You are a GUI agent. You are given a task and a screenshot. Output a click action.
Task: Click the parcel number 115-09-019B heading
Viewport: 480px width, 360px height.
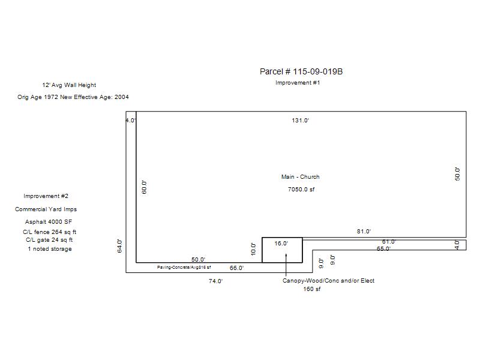pyautogui.click(x=301, y=71)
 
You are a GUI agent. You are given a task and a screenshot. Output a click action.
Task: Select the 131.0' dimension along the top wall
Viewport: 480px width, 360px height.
pyautogui.click(x=301, y=121)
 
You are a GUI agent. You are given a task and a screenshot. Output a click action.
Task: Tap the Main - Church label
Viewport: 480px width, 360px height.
pyautogui.click(x=301, y=176)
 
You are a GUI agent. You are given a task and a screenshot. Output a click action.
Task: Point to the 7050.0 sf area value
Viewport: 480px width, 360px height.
pyautogui.click(x=301, y=190)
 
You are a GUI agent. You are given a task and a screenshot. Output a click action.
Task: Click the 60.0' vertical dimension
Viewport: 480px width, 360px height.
pyautogui.click(x=145, y=187)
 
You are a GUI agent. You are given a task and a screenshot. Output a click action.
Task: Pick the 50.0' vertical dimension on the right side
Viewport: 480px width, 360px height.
pyautogui.click(x=457, y=174)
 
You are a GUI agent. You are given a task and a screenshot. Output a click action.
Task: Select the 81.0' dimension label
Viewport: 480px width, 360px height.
pyautogui.click(x=364, y=232)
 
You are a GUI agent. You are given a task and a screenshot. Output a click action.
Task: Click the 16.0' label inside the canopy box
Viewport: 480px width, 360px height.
pyautogui.click(x=281, y=244)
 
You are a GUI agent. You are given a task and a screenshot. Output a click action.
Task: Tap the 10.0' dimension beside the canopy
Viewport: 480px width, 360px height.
pyautogui.click(x=253, y=249)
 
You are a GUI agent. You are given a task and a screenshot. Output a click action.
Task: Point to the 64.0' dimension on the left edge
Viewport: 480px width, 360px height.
pyautogui.click(x=119, y=246)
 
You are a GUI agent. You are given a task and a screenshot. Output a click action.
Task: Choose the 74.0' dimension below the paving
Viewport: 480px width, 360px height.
pyautogui.click(x=215, y=281)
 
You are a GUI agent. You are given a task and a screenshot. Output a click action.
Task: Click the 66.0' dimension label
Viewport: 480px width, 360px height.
pyautogui.click(x=236, y=268)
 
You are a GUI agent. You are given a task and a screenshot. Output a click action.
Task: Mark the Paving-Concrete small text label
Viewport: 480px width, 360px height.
pyautogui.click(x=184, y=267)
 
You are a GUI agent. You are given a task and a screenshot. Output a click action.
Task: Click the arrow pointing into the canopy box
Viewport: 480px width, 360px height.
pyautogui.click(x=286, y=265)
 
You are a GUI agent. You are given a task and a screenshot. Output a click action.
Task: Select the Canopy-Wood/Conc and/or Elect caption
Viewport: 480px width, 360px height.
pyautogui.click(x=328, y=281)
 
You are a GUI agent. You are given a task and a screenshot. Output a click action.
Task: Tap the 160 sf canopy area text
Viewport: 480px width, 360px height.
pyautogui.click(x=312, y=289)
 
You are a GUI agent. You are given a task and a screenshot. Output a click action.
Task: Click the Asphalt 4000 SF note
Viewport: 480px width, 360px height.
pyautogui.click(x=49, y=221)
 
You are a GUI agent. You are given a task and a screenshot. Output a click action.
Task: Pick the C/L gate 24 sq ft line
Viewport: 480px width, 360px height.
pyautogui.click(x=49, y=239)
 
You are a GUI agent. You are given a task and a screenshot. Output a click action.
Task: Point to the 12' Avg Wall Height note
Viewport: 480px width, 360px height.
pyautogui.click(x=69, y=85)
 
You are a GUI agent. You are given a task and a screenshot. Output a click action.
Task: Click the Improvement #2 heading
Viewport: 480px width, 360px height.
pyautogui.click(x=46, y=196)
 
